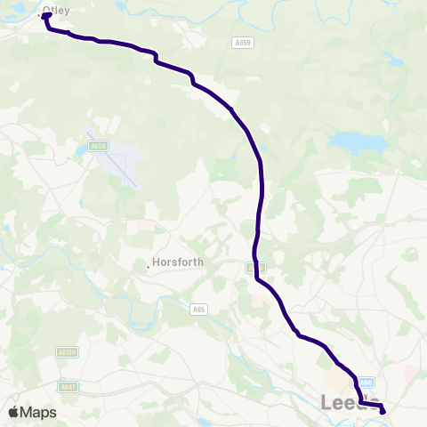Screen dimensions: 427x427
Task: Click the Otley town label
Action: click(57, 11)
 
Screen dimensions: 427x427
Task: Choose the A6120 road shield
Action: click(66, 353)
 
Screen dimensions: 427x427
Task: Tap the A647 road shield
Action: click(68, 386)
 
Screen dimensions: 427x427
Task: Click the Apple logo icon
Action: click(14, 412)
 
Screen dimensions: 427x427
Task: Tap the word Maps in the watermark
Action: click(39, 412)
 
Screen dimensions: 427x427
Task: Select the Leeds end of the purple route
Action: click(383, 411)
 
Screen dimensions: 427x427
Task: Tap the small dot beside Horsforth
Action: click(148, 263)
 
